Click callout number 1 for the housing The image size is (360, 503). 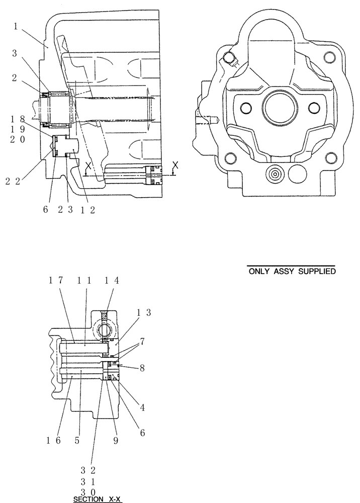coord(16,26)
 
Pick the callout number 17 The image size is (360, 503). coord(56,281)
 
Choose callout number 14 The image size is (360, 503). coord(112,281)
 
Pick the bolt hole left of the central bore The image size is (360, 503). coord(246,108)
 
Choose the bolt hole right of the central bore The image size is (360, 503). coord(314,108)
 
